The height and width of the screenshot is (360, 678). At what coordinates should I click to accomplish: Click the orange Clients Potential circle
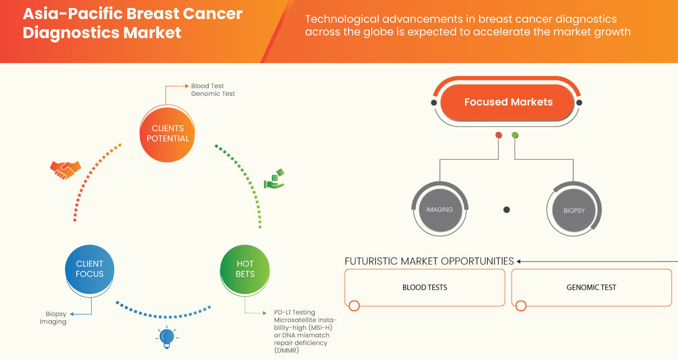(167, 133)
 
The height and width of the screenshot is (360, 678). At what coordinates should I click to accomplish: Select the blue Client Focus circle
(90, 269)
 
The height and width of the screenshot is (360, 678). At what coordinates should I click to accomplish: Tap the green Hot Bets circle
(245, 269)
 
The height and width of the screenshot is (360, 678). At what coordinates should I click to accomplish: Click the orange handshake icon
(65, 169)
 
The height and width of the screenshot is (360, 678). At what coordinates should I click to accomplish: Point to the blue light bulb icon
(167, 337)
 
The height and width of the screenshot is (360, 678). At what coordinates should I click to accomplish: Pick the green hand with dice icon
(274, 179)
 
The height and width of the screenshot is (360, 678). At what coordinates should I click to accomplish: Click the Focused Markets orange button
(508, 102)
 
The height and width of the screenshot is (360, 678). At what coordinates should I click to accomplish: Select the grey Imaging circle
(439, 210)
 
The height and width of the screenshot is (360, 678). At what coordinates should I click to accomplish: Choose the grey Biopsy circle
(574, 210)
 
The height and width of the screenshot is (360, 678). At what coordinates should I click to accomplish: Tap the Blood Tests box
(424, 287)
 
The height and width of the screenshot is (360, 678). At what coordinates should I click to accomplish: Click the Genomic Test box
(591, 287)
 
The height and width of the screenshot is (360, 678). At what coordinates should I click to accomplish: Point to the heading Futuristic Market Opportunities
(429, 261)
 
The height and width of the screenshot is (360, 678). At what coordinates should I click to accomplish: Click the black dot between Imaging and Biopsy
(506, 210)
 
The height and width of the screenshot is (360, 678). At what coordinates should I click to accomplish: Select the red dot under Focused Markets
(498, 136)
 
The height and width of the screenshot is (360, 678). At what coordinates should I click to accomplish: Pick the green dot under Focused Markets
(515, 136)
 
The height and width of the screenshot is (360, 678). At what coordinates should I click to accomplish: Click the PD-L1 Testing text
(295, 312)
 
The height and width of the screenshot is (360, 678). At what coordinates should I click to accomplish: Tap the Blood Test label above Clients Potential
(207, 86)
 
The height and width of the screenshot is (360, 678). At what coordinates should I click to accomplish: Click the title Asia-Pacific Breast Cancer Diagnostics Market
(132, 23)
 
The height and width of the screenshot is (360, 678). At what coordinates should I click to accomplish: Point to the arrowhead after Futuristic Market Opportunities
(519, 261)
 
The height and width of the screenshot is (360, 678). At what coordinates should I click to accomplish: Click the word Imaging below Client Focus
(53, 321)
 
